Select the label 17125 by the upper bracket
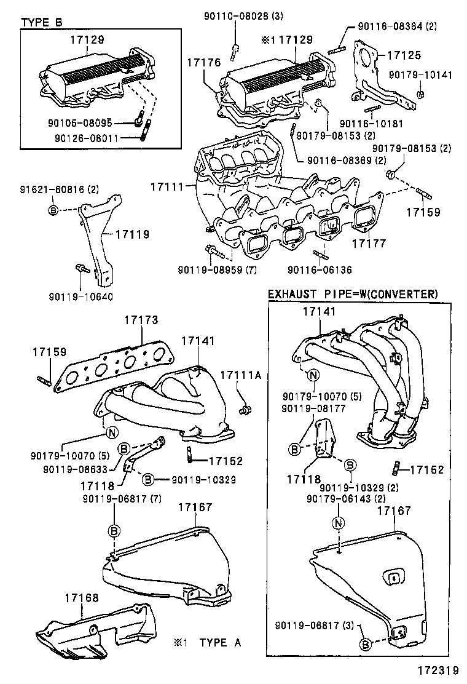point(404,55)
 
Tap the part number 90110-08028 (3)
point(235,16)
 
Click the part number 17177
point(369,244)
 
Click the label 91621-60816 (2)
point(54,189)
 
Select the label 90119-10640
point(80,296)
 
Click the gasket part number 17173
point(141,320)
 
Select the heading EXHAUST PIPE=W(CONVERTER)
point(353,295)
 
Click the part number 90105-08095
point(96,123)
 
